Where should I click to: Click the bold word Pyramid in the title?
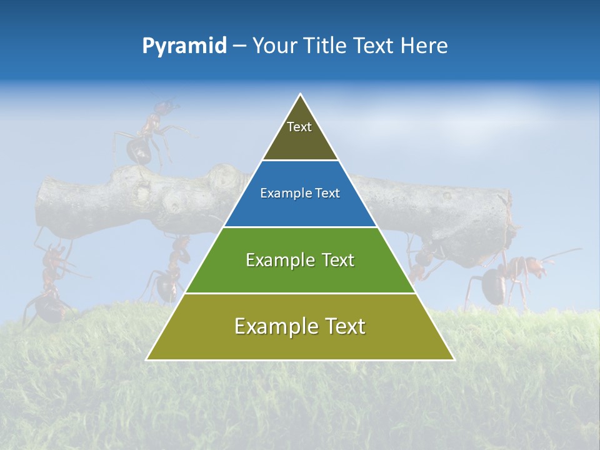click(184, 46)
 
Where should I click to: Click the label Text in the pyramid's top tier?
click(299, 127)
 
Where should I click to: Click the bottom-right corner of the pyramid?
click(453, 359)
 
